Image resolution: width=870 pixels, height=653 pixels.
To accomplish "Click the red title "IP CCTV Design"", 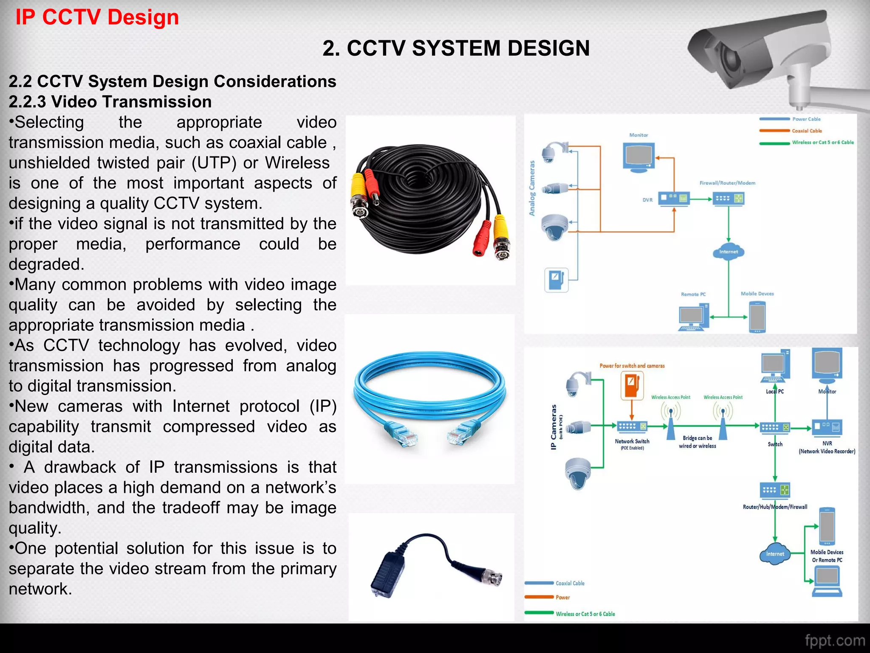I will tap(97, 17).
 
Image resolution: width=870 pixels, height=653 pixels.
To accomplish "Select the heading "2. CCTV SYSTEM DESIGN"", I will tap(456, 48).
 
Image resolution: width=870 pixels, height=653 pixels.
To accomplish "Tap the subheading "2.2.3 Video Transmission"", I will tap(110, 102).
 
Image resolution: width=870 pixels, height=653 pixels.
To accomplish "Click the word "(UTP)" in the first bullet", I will tap(214, 163).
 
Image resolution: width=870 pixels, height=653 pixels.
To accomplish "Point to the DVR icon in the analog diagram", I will tap(673, 199).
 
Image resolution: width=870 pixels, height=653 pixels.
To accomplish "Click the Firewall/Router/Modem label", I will tap(727, 183).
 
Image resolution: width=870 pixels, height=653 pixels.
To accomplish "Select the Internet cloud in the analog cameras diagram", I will tap(729, 252).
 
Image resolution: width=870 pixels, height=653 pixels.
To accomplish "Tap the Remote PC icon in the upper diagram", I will tap(694, 317).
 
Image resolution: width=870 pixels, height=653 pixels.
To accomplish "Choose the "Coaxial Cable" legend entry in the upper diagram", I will tap(807, 131).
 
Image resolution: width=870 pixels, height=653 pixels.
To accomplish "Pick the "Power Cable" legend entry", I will tap(806, 119).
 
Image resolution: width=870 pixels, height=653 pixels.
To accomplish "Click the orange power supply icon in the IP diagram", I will tap(632, 385).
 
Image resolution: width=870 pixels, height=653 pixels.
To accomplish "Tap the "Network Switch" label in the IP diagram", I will tap(632, 441).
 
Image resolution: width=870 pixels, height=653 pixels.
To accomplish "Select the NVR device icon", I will tap(827, 427).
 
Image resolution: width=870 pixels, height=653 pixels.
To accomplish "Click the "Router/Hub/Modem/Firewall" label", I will tap(775, 507).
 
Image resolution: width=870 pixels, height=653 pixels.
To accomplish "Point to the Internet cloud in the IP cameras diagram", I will tap(775, 554).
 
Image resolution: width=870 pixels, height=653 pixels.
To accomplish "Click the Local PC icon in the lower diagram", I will tap(775, 366).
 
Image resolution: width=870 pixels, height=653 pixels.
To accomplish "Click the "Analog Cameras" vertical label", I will tap(532, 188).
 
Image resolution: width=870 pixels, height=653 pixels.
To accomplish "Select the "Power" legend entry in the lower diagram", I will tap(562, 597).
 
